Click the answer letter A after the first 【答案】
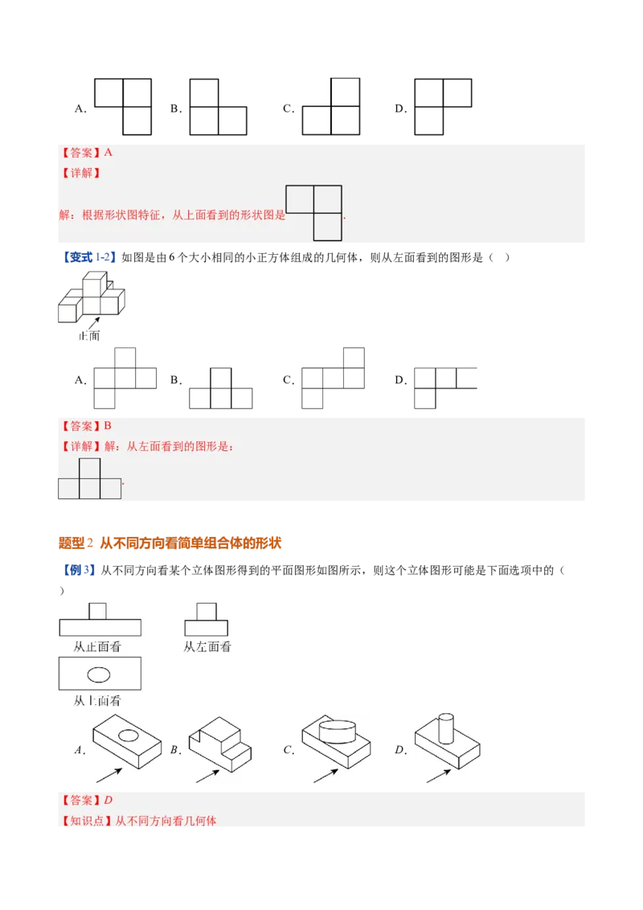click(x=108, y=153)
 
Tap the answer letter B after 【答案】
click(x=108, y=426)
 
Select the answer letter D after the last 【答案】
click(x=108, y=801)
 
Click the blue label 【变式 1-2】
click(x=88, y=258)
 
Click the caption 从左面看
click(x=207, y=646)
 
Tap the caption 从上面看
click(x=97, y=701)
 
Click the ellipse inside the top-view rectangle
click(x=99, y=674)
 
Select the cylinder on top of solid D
click(x=446, y=728)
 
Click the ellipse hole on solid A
click(x=129, y=736)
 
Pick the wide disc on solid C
click(x=337, y=732)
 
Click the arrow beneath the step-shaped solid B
click(x=207, y=776)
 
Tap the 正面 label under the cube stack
click(x=89, y=335)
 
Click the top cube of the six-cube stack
click(x=95, y=285)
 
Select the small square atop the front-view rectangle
click(x=97, y=611)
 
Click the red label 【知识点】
click(x=87, y=821)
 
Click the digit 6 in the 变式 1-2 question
click(x=172, y=258)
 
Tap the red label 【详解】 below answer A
click(x=81, y=173)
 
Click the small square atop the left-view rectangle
click(x=207, y=612)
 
